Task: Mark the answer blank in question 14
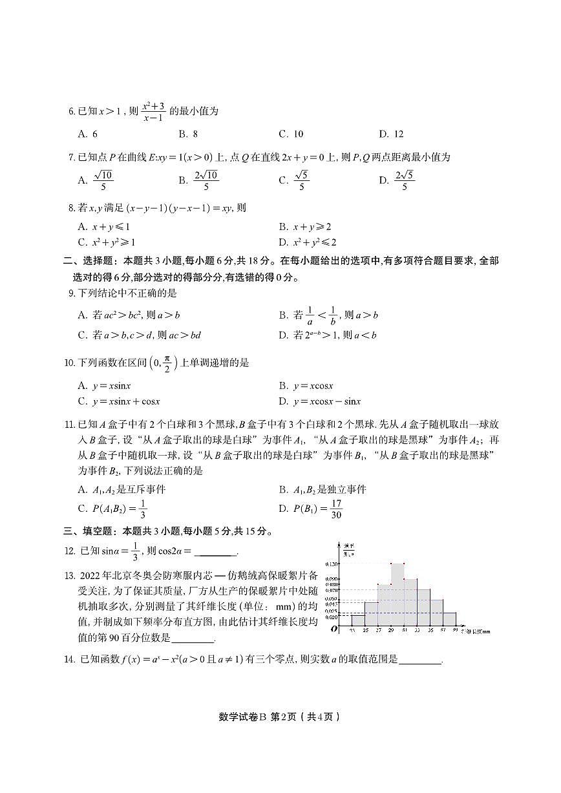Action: pyautogui.click(x=421, y=660)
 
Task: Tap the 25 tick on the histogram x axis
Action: pyautogui.click(x=365, y=630)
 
